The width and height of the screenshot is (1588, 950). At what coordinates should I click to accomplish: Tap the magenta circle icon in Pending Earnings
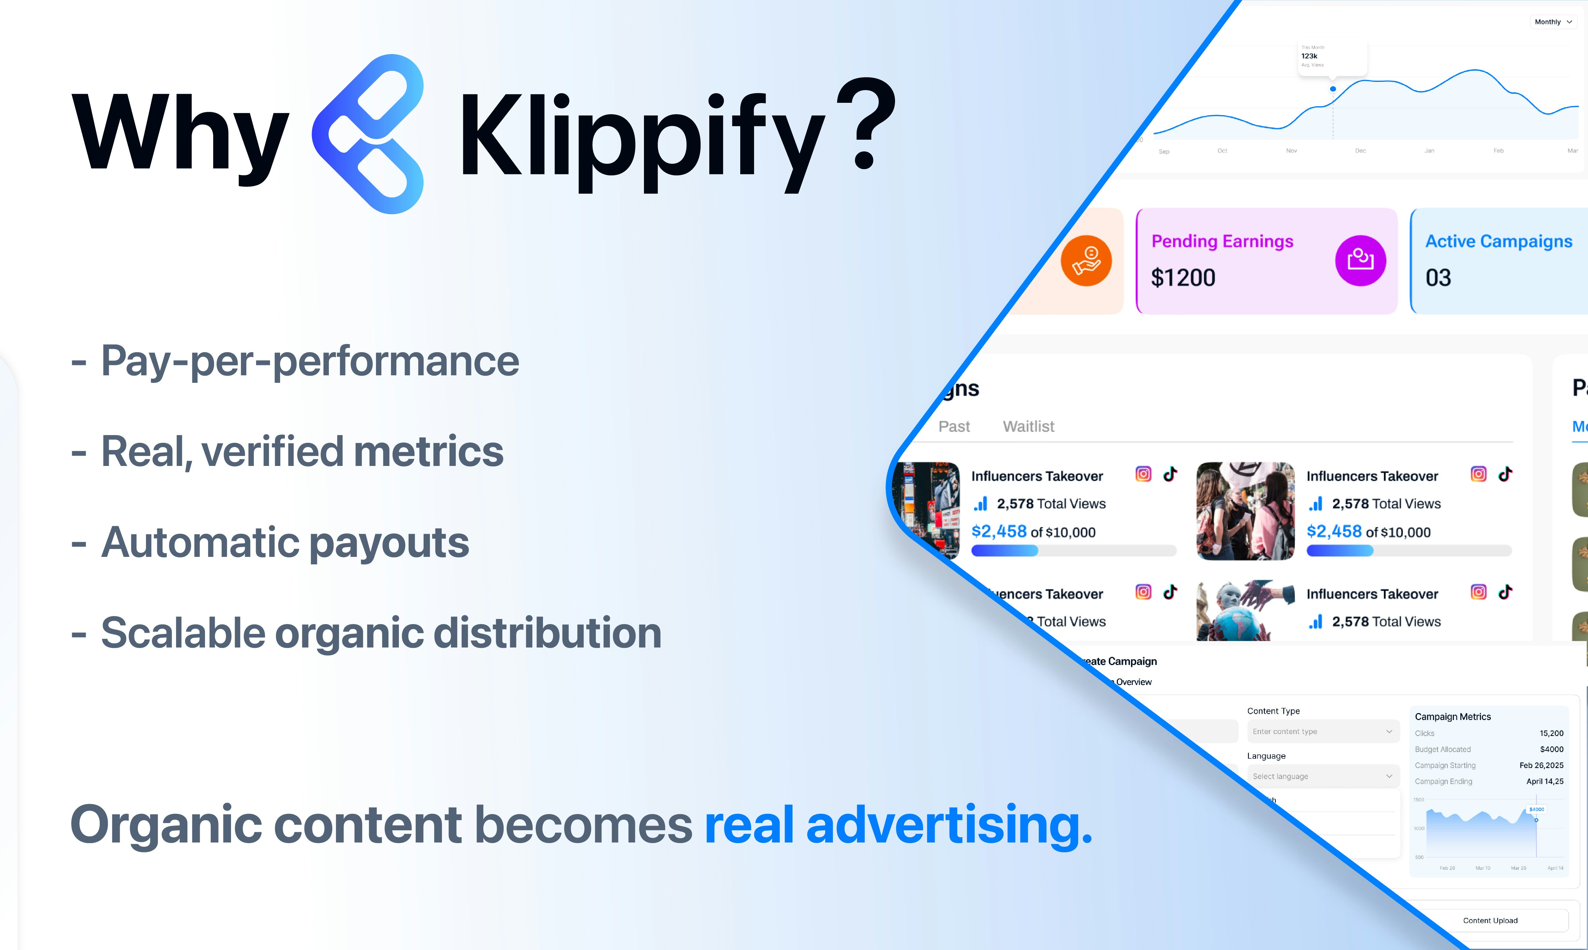(x=1361, y=261)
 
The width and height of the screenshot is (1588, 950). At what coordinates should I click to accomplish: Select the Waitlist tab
(x=1028, y=426)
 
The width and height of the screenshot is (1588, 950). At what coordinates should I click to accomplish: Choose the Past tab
(x=954, y=426)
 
